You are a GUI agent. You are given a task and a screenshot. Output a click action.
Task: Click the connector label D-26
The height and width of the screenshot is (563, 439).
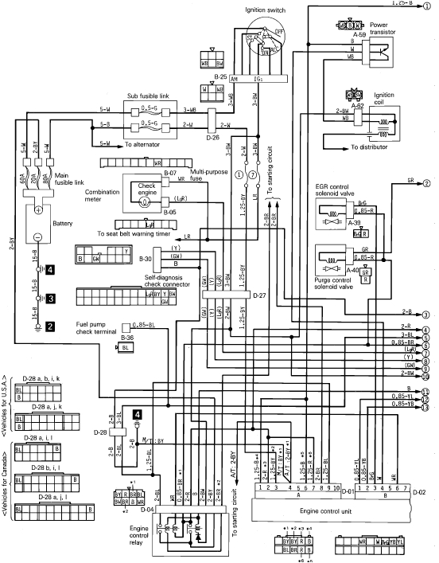pos(213,136)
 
